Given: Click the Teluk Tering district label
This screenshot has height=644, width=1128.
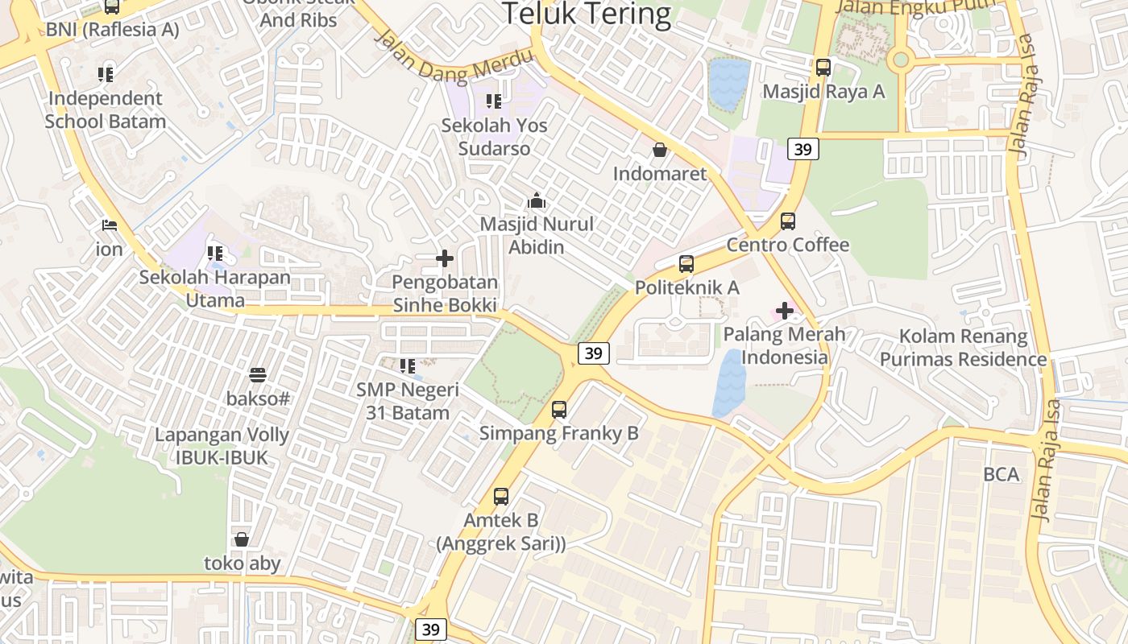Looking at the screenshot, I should click(x=587, y=14).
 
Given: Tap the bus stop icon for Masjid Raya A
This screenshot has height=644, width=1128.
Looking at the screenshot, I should click(x=823, y=68).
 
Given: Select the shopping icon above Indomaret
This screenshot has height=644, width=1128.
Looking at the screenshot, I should click(x=659, y=150).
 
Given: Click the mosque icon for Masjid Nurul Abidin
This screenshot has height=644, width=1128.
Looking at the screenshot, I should click(x=537, y=200).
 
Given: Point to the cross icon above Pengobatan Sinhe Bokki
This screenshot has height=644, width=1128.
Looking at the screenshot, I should click(x=444, y=258).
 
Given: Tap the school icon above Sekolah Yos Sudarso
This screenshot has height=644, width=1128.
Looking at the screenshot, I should click(x=493, y=101).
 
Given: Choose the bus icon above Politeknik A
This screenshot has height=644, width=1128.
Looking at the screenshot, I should click(x=686, y=263).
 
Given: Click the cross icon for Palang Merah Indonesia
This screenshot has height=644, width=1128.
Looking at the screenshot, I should click(x=784, y=310).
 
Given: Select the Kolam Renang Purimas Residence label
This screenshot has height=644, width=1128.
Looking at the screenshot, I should click(x=963, y=348).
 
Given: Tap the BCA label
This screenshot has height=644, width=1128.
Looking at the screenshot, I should click(x=1001, y=474).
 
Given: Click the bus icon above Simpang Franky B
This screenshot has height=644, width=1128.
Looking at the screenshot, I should click(x=559, y=410).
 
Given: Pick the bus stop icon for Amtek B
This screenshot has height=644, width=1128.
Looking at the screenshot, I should click(x=500, y=496).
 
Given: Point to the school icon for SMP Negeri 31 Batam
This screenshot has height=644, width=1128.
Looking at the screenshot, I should click(x=408, y=366).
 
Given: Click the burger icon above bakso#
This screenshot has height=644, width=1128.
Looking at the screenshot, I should click(x=258, y=374).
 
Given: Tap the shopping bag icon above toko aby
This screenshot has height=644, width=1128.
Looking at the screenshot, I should click(x=241, y=539).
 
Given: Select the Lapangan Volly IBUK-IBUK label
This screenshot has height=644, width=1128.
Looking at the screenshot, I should click(x=222, y=446).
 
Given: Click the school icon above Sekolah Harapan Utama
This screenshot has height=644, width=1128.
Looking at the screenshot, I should click(x=214, y=254).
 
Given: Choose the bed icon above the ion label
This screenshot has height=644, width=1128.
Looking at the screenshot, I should click(x=109, y=225).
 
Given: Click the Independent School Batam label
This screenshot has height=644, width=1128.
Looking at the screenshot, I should click(x=105, y=110).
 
